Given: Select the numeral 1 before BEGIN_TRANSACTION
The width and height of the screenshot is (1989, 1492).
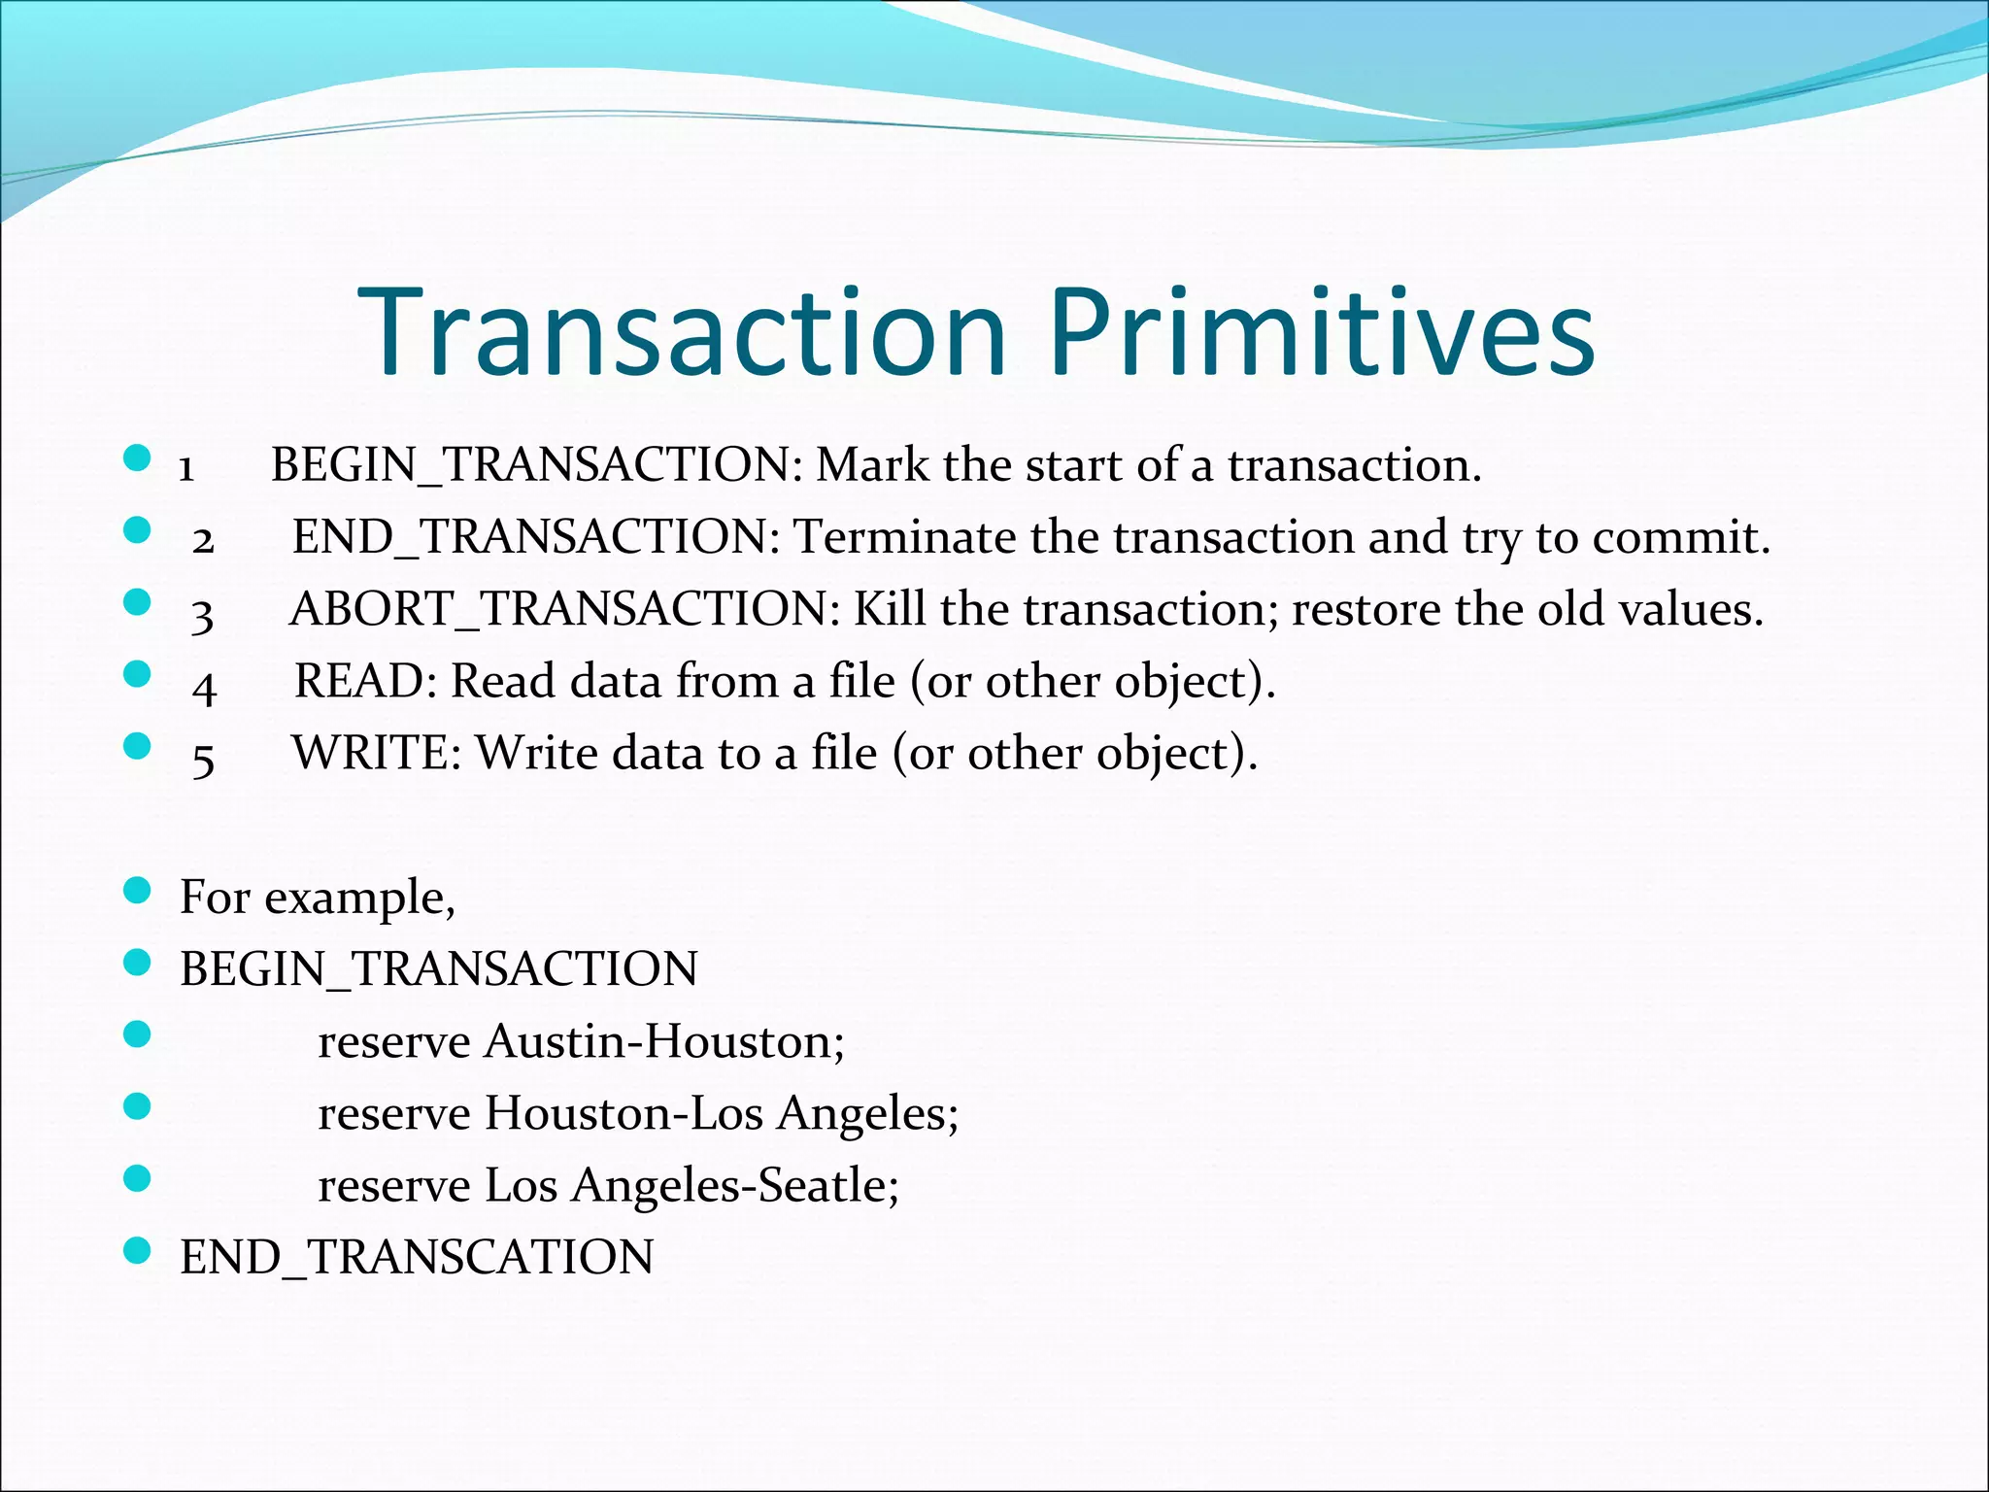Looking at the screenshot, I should click(x=186, y=468).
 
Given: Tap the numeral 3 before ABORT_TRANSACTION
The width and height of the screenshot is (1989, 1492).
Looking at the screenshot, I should click(x=202, y=614).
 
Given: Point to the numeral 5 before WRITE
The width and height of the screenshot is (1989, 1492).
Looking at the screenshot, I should click(x=203, y=758).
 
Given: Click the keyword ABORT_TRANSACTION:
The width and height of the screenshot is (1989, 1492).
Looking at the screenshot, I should click(x=565, y=610).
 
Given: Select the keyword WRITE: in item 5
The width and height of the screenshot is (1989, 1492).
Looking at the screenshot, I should click(x=377, y=754).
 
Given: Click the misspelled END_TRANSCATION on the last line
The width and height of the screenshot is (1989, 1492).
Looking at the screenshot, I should click(x=417, y=1257).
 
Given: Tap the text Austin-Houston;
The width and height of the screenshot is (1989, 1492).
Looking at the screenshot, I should click(x=664, y=1041).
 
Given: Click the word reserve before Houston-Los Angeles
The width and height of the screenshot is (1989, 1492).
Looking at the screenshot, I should click(x=393, y=1113).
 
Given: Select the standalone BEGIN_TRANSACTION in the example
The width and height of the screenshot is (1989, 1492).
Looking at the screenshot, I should click(x=438, y=969).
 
